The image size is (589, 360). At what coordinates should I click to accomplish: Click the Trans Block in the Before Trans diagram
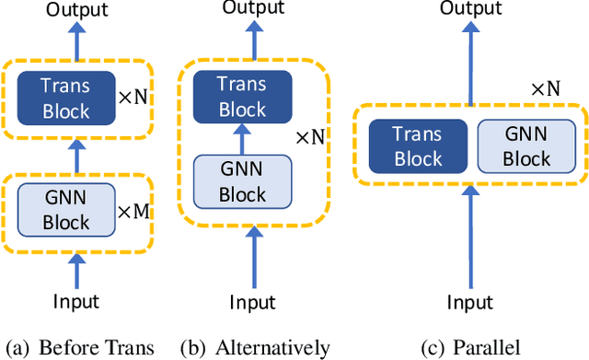pyautogui.click(x=66, y=99)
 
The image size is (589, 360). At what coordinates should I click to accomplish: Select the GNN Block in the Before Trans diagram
pyautogui.click(x=66, y=209)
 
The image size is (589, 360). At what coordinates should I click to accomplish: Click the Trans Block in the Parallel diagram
pyautogui.click(x=417, y=146)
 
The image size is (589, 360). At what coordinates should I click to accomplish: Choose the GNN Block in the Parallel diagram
pyautogui.click(x=525, y=146)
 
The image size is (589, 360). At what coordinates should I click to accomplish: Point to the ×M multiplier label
pyautogui.click(x=134, y=211)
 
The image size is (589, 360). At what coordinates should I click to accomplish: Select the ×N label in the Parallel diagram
pyautogui.click(x=547, y=89)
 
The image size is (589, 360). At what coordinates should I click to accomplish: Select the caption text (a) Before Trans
pyautogui.click(x=79, y=347)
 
